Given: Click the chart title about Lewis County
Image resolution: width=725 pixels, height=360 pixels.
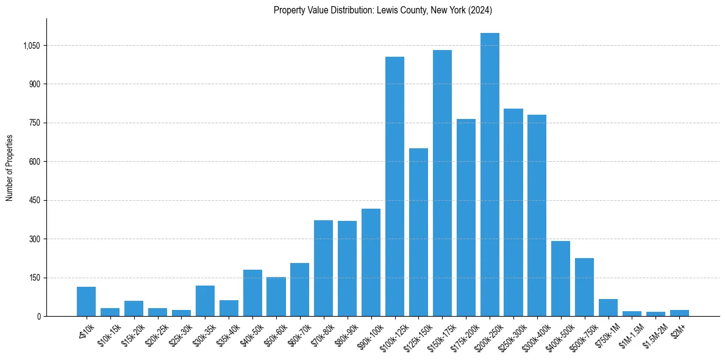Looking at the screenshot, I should tap(382, 10).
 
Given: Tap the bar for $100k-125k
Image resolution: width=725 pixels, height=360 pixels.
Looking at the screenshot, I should tap(395, 186).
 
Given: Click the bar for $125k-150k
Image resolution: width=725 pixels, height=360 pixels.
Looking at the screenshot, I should tap(418, 232).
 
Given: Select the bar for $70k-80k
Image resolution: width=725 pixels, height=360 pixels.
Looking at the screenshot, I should tap(323, 268).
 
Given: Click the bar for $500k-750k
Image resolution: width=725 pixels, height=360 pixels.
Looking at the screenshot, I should tap(584, 287).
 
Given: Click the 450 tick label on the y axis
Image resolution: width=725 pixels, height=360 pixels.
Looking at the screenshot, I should tap(35, 200).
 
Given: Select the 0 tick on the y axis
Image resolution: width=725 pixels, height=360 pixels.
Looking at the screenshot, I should tap(38, 316).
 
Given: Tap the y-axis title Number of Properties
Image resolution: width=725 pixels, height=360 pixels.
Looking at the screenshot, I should tap(10, 168).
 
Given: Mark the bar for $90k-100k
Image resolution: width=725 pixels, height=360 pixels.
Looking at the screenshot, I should tap(371, 262).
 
